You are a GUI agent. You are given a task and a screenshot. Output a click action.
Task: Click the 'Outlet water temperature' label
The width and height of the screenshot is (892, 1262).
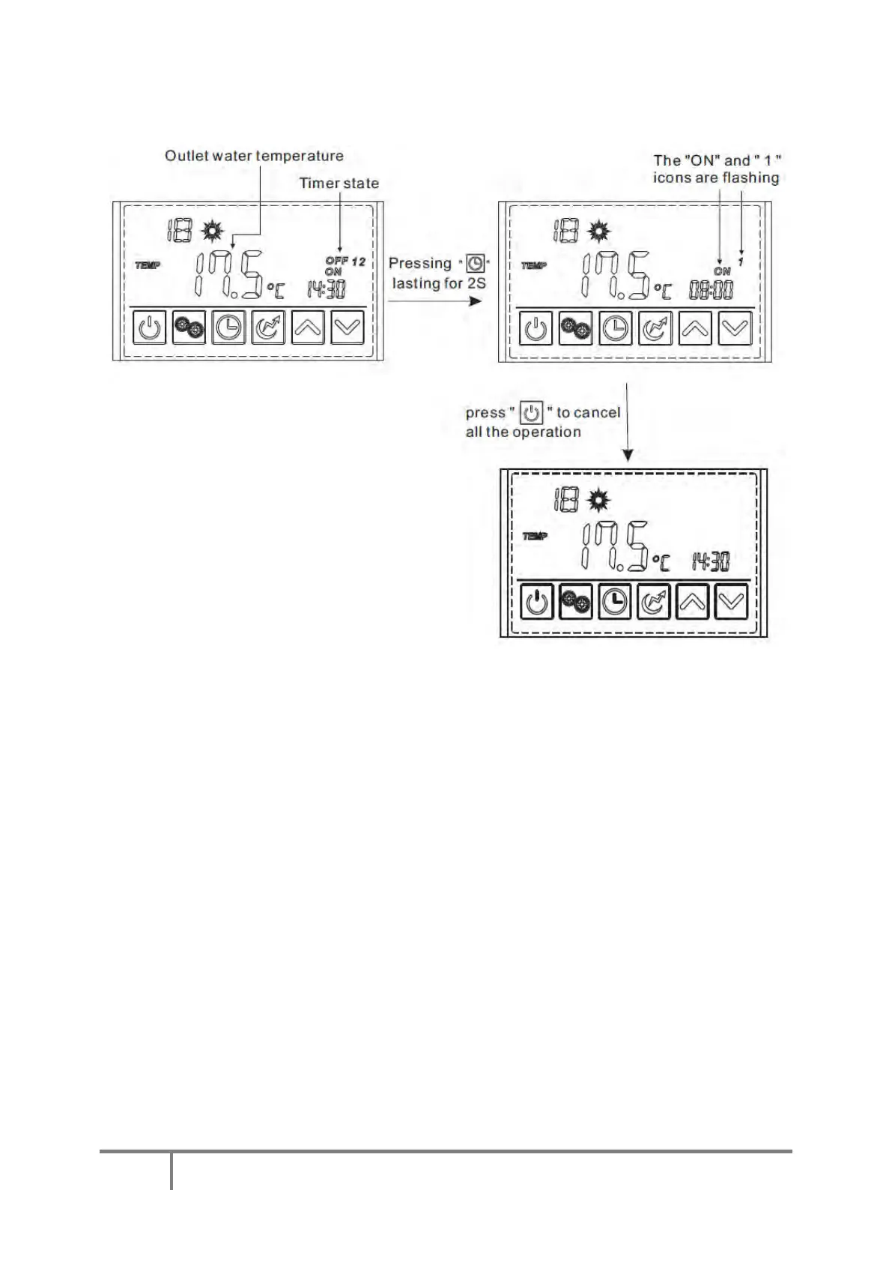254,156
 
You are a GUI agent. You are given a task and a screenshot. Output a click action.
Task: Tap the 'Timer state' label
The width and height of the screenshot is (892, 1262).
339,184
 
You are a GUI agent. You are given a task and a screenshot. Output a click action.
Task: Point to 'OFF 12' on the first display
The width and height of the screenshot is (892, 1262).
345,262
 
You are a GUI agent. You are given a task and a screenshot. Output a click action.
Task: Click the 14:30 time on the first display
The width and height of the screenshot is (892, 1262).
327,289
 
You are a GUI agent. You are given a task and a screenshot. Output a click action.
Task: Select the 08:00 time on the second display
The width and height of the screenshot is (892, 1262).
711,290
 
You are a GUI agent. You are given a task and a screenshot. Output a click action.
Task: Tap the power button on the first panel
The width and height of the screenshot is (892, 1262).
150,328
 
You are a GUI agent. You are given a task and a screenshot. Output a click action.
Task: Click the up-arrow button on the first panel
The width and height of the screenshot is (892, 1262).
308,328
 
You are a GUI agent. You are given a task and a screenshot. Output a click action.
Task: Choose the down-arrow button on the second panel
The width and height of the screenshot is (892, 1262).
734,329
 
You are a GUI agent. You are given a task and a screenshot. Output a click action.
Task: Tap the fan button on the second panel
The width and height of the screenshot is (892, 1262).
575,329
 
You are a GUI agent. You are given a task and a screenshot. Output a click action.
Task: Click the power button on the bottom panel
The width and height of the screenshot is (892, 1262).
536,602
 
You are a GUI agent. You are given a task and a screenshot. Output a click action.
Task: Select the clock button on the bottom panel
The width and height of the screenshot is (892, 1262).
615,602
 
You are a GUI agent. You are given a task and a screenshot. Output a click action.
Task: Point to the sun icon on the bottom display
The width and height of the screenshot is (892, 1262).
598,499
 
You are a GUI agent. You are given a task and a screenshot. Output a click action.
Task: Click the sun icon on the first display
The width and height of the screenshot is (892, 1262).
213,229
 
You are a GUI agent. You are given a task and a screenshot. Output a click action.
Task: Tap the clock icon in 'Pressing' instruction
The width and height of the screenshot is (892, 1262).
475,264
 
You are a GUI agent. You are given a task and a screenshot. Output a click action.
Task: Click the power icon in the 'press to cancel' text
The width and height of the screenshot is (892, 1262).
531,413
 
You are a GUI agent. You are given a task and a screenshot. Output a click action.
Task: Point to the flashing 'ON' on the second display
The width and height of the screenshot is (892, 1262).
722,271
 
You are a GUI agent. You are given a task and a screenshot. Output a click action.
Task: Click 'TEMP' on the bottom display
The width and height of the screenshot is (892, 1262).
535,536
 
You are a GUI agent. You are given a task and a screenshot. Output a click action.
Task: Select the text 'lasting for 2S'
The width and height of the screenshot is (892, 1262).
439,283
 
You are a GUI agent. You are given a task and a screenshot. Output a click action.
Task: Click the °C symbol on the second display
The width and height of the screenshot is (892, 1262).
663,290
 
